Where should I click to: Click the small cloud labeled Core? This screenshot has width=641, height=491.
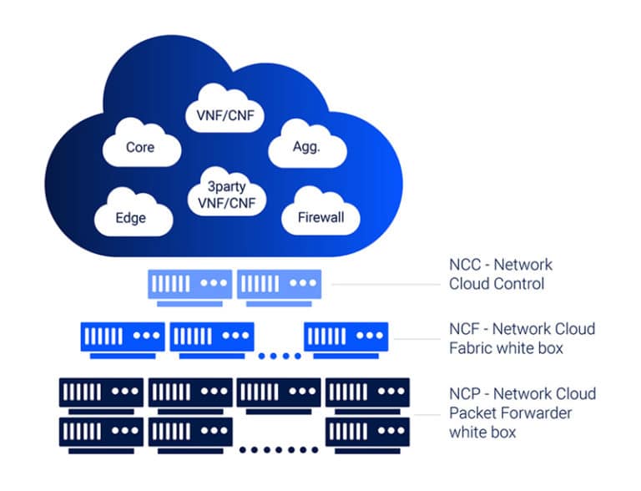140,147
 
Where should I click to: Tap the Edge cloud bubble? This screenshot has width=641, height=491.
131,217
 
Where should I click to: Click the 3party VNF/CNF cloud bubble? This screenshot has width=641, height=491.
226,194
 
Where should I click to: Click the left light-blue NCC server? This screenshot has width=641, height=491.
190,284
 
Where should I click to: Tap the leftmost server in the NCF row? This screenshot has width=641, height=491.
123,337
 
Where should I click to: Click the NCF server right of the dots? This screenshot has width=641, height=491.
346,337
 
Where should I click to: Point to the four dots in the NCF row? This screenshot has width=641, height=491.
279,357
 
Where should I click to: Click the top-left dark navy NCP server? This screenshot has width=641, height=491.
101,392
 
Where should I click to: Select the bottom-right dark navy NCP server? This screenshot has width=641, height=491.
367,431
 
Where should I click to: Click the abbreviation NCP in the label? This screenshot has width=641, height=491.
466,393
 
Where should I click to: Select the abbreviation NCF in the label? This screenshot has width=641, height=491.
466,328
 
